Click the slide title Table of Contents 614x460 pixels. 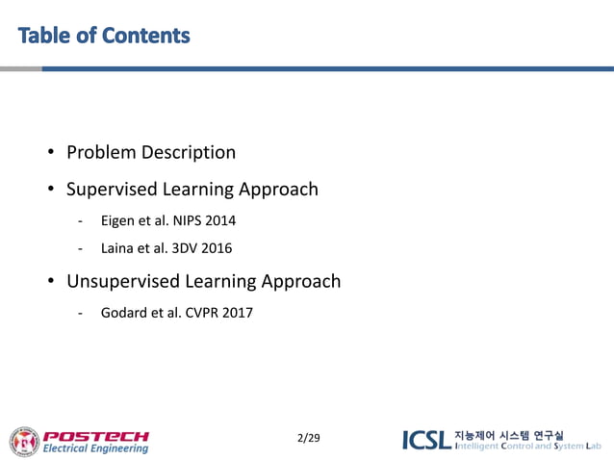(x=104, y=37)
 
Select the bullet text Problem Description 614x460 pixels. (x=150, y=153)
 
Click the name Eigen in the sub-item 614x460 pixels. (x=118, y=221)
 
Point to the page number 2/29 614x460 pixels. (x=309, y=439)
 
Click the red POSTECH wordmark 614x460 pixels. (x=96, y=435)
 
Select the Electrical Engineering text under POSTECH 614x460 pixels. (x=95, y=448)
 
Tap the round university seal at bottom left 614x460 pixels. (x=24, y=441)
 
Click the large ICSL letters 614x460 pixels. (x=425, y=441)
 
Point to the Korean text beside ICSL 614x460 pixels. (x=508, y=435)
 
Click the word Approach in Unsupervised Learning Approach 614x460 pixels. (x=297, y=282)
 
